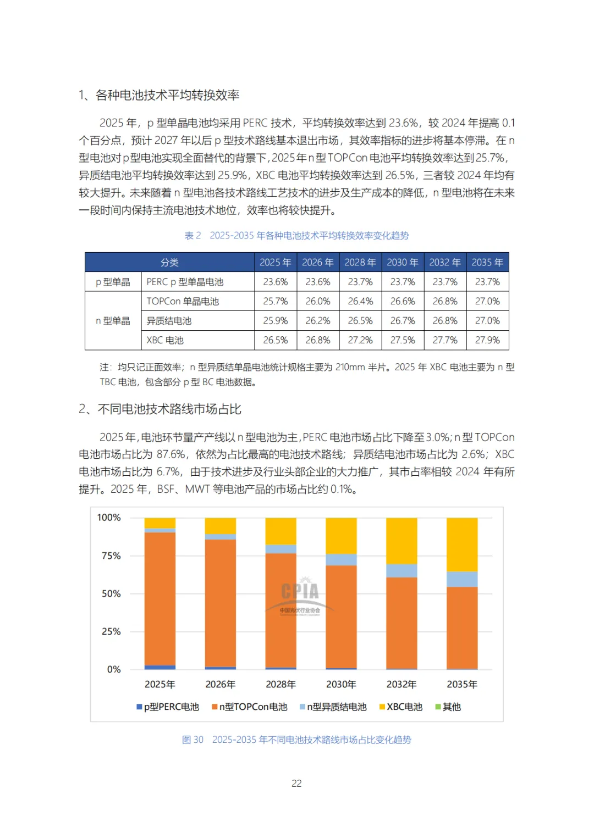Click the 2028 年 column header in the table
[360, 263]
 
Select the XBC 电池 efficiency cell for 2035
[487, 340]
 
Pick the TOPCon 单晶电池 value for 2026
[318, 301]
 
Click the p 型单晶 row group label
[113, 282]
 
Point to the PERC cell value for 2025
[276, 282]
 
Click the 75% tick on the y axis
[111, 556]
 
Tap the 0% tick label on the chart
[114, 669]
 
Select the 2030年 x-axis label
[341, 684]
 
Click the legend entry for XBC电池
[401, 707]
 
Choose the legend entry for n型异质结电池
[333, 707]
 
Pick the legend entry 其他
[448, 707]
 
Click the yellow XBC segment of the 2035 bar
[462, 544]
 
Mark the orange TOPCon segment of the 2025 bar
[160, 599]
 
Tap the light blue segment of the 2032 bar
[402, 570]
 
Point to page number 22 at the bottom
[296, 784]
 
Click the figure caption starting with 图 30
[296, 740]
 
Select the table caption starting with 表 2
[296, 236]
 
